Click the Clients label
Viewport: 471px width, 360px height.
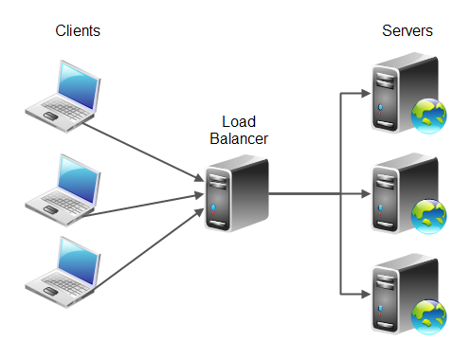pyautogui.click(x=78, y=30)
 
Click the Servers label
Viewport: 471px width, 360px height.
pyautogui.click(x=407, y=30)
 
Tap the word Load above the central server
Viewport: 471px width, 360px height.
pyautogui.click(x=237, y=122)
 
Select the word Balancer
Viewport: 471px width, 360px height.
pyautogui.click(x=237, y=139)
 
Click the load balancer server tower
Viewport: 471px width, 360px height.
pyautogui.click(x=236, y=194)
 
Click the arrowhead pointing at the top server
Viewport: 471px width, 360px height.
pyautogui.click(x=363, y=93)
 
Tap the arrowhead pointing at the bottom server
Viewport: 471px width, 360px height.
pyautogui.click(x=363, y=294)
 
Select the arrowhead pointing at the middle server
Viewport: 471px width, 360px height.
pyautogui.click(x=363, y=194)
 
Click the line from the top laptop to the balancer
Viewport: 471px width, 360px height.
pyautogui.click(x=142, y=148)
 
